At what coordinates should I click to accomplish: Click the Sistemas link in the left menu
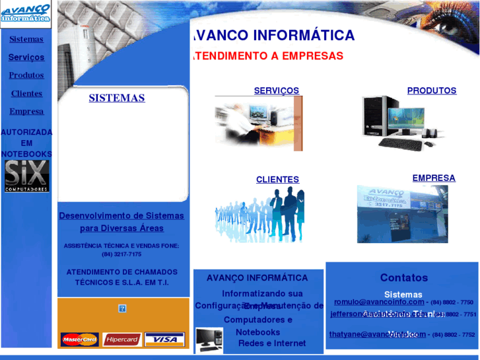pos(26,39)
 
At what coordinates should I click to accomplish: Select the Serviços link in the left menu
pos(26,57)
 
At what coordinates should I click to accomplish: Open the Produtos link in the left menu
pos(26,75)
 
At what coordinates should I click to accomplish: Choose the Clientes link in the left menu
pos(26,94)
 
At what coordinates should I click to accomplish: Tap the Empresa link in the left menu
pos(26,112)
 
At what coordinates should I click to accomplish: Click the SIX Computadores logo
pos(26,176)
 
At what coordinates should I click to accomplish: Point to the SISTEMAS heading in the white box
pos(117,98)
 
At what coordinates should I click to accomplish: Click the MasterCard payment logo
pos(79,340)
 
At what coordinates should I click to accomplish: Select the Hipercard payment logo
pos(122,340)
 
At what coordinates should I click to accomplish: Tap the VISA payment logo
pos(164,340)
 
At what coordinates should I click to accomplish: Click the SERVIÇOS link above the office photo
pos(276,90)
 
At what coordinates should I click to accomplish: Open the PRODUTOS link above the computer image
pos(431,90)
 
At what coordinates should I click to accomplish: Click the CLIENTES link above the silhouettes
pos(277,180)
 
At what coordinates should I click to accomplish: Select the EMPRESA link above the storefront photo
pos(433,178)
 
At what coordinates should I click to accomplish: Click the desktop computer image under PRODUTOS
pos(396,123)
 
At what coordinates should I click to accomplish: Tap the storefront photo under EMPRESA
pos(402,213)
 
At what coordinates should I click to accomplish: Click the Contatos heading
pos(403,278)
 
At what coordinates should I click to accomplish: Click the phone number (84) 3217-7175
pos(121,254)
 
